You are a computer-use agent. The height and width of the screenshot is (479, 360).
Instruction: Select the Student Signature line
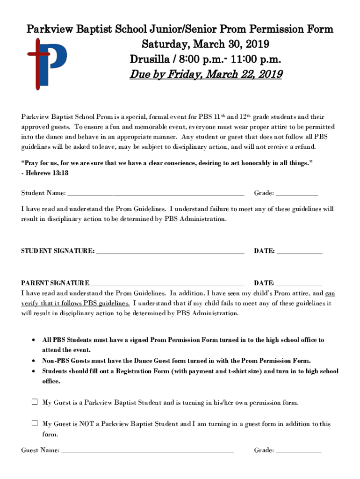pos(169,251)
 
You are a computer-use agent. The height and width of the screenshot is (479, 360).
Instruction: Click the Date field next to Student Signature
pos(299,251)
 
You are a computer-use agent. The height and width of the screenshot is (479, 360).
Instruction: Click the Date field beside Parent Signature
pos(299,283)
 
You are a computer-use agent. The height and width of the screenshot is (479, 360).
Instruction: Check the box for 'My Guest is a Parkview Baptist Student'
pos(35,402)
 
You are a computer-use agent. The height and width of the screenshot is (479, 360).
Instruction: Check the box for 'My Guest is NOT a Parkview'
pos(35,423)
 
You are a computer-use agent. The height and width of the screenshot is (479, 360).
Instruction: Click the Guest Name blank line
pos(148,450)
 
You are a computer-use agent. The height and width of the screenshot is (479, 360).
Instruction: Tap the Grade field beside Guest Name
pos(299,450)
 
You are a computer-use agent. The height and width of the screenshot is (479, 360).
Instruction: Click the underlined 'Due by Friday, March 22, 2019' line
pos(206,75)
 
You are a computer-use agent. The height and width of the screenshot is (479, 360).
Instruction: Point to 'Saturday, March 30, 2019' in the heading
pos(206,45)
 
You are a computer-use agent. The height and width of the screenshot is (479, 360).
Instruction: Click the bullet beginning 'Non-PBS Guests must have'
pos(176,361)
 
